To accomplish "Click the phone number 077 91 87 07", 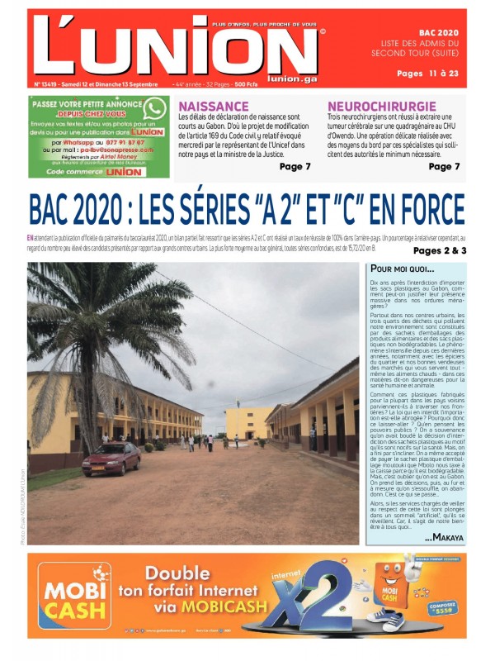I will [120, 142].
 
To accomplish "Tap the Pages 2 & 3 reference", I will [440, 250].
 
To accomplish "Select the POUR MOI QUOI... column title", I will [402, 269].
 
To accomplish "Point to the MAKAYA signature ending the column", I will [444, 537].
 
